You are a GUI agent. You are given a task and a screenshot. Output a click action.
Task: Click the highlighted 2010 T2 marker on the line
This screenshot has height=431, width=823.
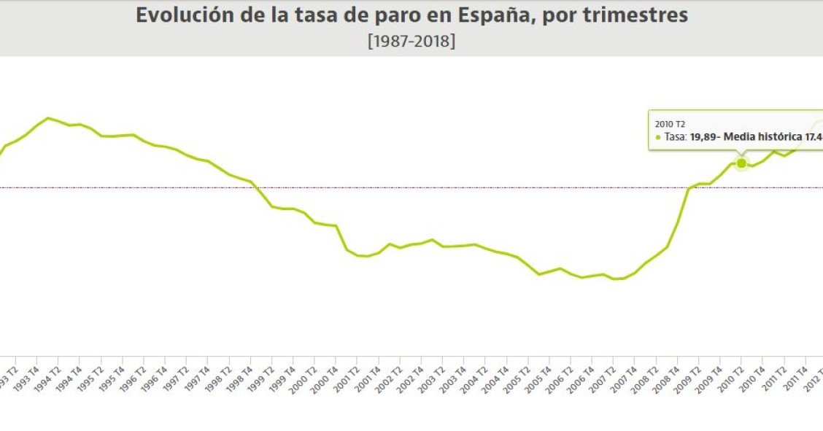(741, 163)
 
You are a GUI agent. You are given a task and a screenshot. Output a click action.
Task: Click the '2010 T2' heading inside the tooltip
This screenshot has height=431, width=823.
(670, 124)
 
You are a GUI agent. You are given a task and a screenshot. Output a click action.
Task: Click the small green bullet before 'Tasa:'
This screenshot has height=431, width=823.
(657, 137)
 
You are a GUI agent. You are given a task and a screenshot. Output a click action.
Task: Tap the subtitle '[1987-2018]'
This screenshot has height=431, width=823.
(411, 41)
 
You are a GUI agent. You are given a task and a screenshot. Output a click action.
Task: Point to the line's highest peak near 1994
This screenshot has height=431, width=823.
(48, 117)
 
